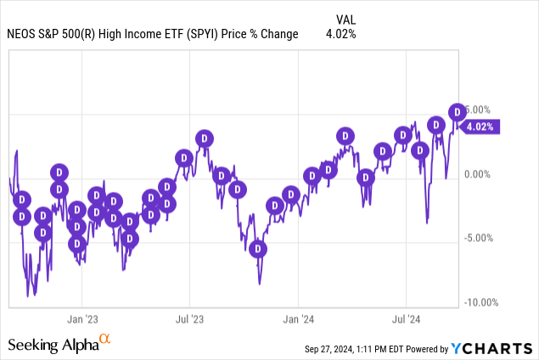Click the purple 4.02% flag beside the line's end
click(480, 127)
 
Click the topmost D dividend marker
click(457, 111)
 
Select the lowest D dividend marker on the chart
click(257, 249)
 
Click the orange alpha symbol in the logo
click(105, 340)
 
